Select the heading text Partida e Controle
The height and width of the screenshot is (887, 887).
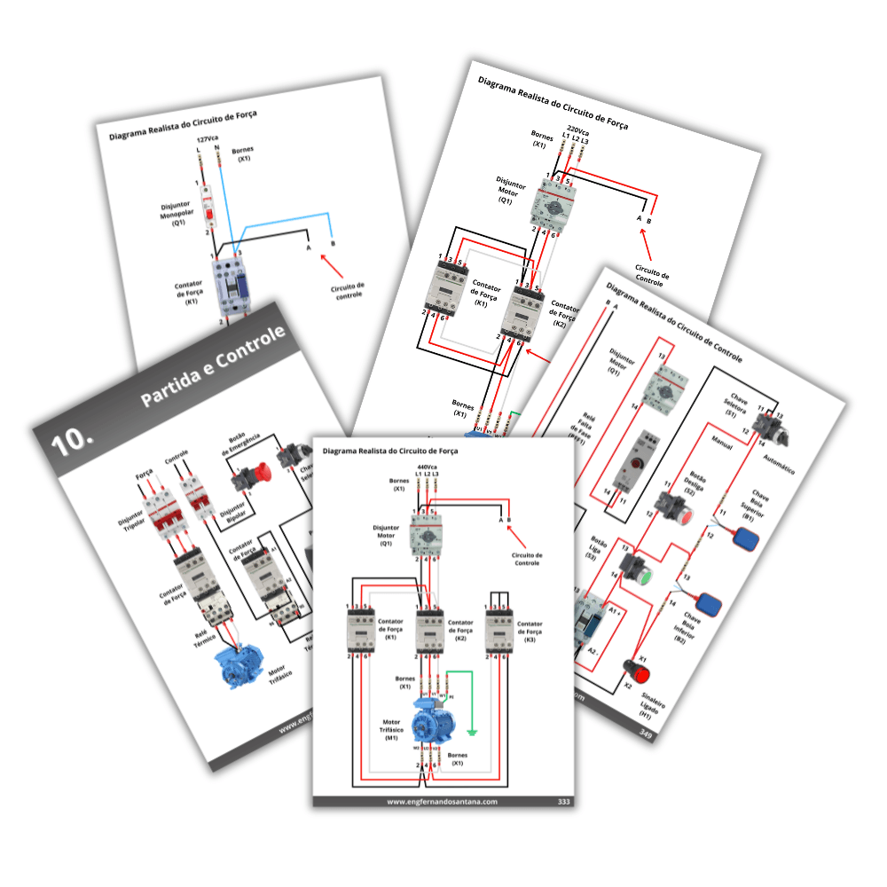[x=214, y=366]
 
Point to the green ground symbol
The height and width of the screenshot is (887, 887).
[x=474, y=734]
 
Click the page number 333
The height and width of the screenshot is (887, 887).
[x=563, y=802]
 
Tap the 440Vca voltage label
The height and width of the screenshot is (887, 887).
[x=427, y=467]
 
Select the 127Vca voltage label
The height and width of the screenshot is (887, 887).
[x=208, y=139]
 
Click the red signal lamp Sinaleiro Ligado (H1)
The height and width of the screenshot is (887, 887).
[x=634, y=665]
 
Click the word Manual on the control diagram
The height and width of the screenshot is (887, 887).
[x=721, y=445]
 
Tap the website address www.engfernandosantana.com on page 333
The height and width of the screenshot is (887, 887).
[x=442, y=802]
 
